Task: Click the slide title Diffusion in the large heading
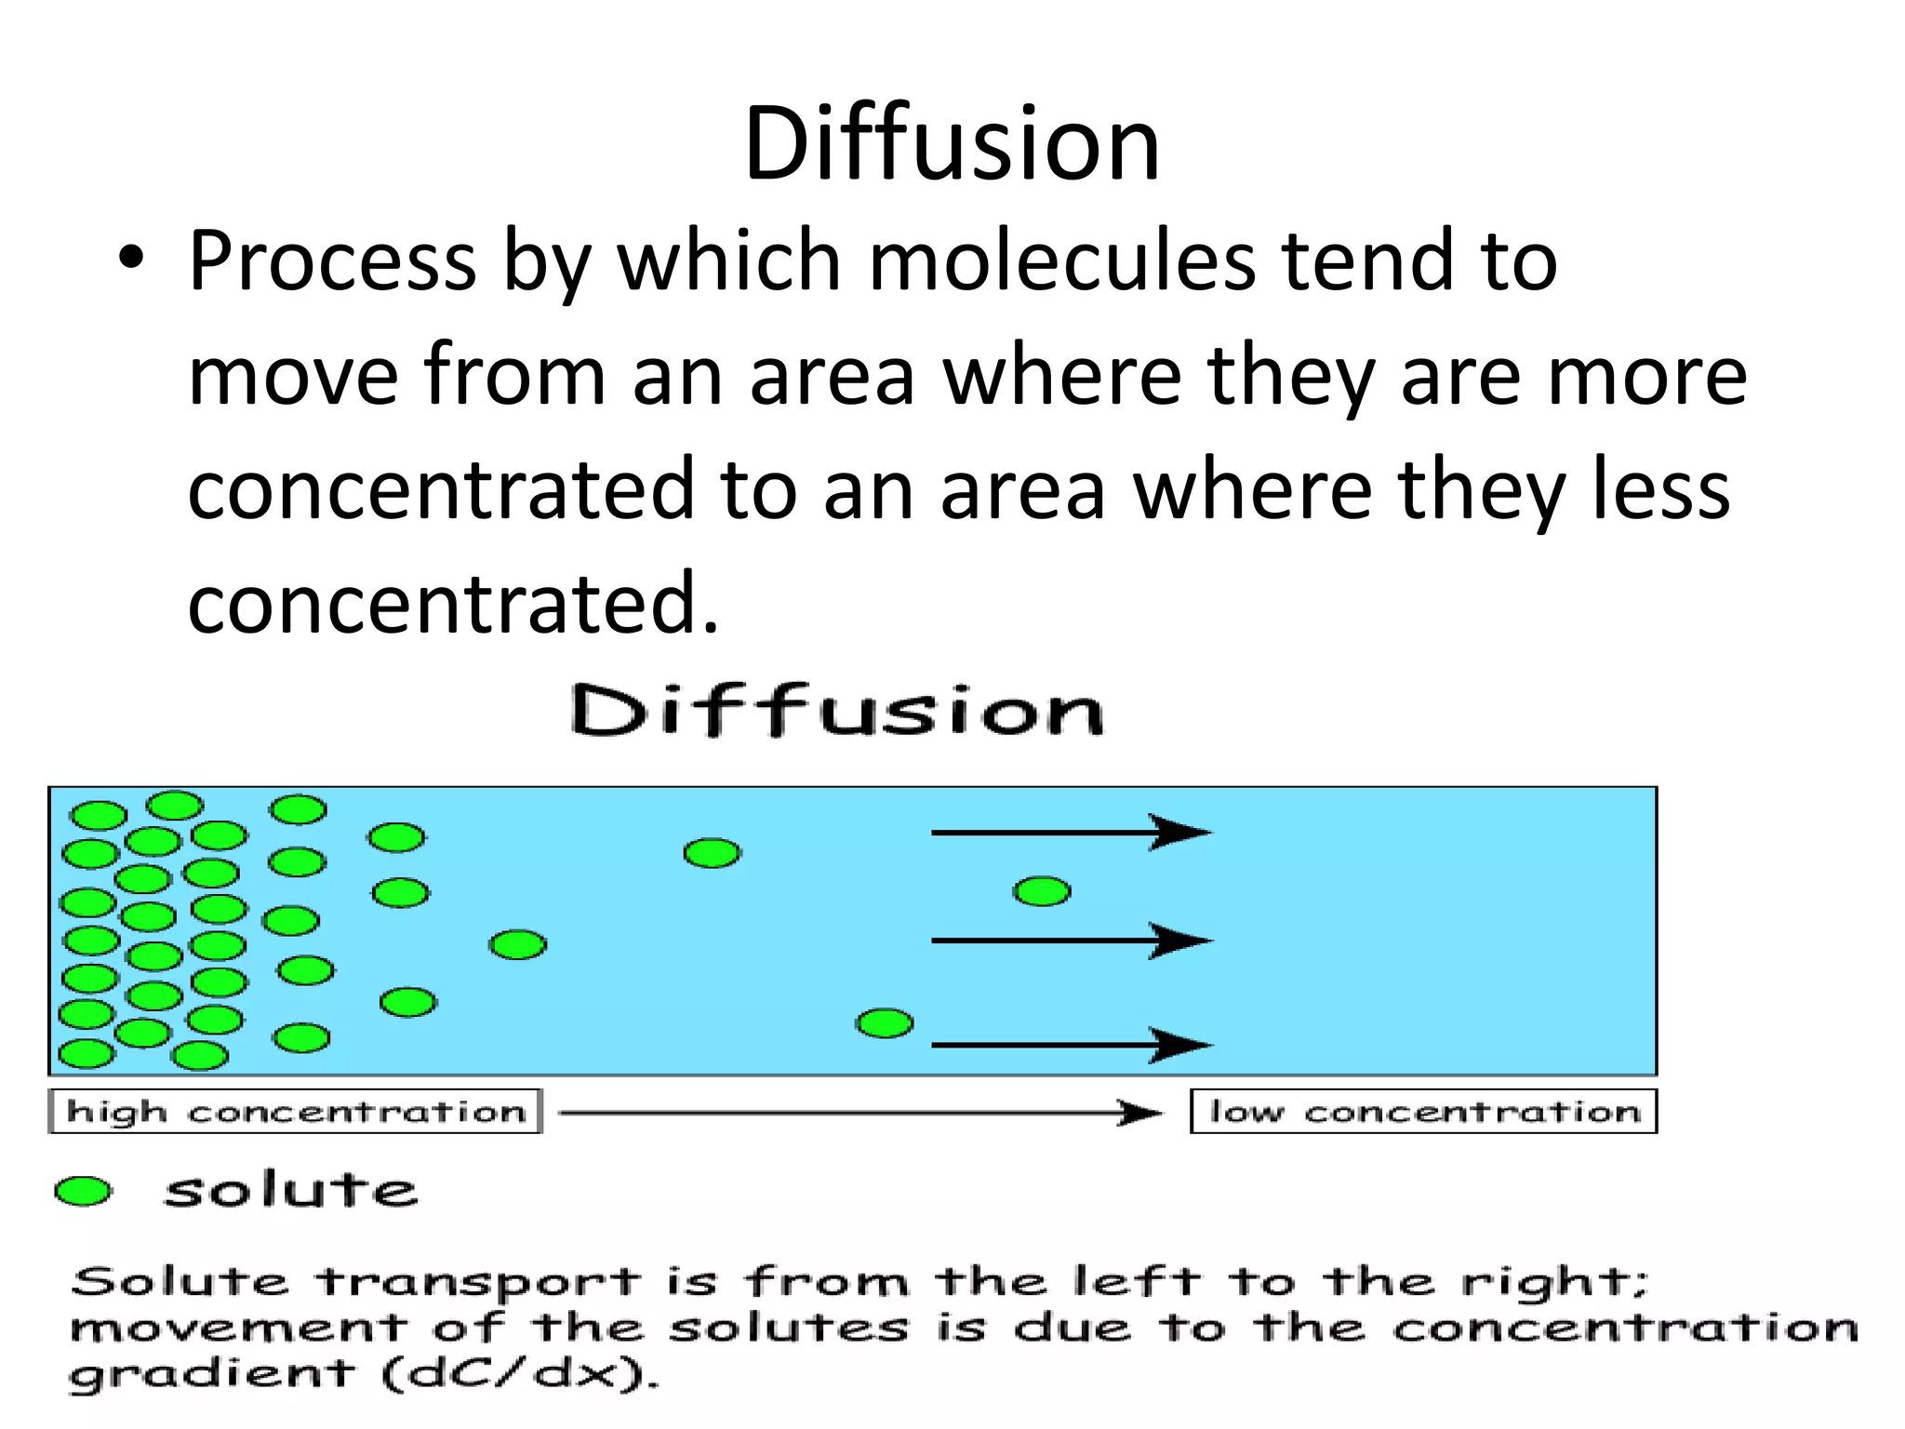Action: click(952, 144)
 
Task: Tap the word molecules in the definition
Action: click(1061, 260)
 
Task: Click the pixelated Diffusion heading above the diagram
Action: click(837, 712)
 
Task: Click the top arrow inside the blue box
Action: click(1070, 832)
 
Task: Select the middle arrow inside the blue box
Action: click(1070, 941)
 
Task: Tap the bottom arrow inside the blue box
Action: click(1070, 1045)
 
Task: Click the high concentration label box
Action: click(295, 1112)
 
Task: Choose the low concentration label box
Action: click(1423, 1112)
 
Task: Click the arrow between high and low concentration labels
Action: click(860, 1113)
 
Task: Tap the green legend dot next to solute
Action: click(84, 1191)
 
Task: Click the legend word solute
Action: click(290, 1191)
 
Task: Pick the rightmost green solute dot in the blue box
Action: click(1042, 891)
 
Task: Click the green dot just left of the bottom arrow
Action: click(885, 1023)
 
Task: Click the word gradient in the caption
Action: click(212, 1374)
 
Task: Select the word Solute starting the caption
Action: click(180, 1282)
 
